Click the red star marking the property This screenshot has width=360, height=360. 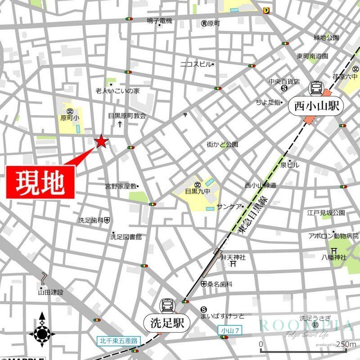[x=101, y=142]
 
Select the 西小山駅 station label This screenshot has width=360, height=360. [x=316, y=107]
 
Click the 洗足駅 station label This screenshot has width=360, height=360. [x=167, y=323]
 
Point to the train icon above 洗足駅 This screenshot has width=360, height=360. [x=167, y=306]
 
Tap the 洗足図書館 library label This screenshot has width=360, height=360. [x=126, y=236]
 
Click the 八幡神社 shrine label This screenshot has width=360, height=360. [x=333, y=257]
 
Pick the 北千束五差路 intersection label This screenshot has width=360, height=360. [x=119, y=341]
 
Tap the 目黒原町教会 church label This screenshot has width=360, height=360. [x=127, y=116]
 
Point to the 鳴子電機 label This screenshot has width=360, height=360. [x=159, y=21]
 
